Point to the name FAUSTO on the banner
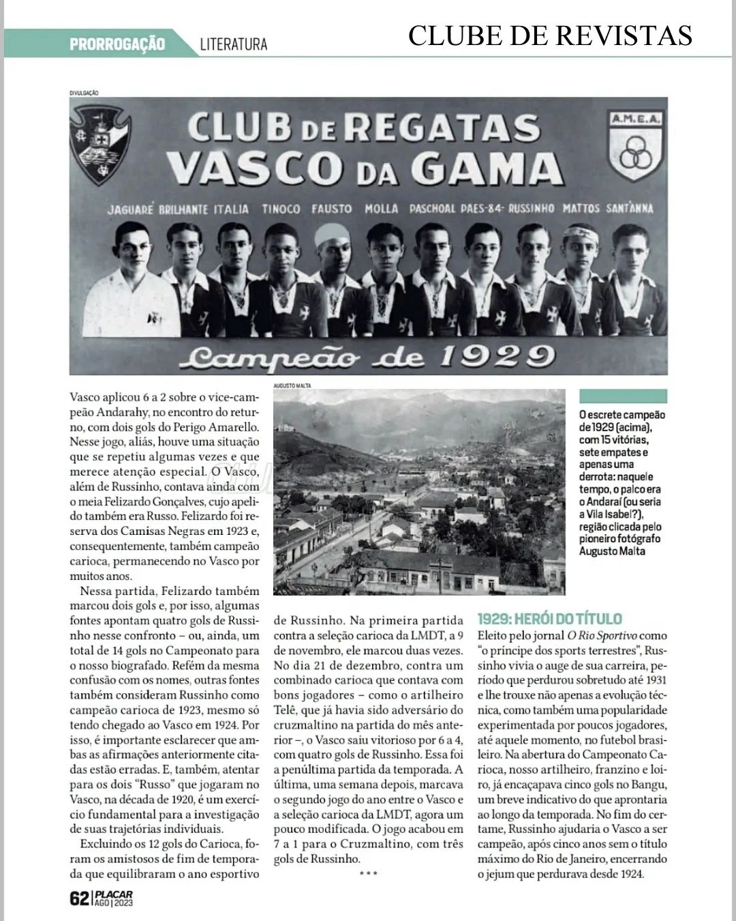point(332,209)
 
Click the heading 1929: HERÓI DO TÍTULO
point(549,619)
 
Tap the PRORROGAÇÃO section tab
point(117,44)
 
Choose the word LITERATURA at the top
point(234,45)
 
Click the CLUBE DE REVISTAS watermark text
point(550,35)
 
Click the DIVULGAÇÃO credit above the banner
point(85,93)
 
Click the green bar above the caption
point(622,396)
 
